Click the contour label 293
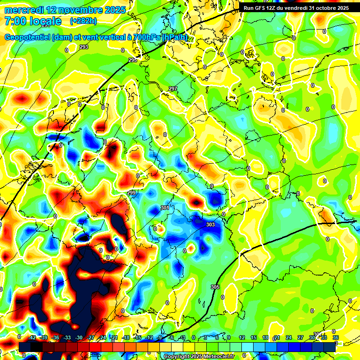click(x=83, y=47)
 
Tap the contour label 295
click(x=133, y=60)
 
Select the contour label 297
click(x=173, y=89)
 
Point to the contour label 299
click(x=131, y=193)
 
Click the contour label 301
click(x=165, y=207)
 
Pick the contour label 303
click(x=210, y=225)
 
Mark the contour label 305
click(x=215, y=287)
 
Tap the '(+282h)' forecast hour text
click(x=83, y=21)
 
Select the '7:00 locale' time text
click(x=32, y=21)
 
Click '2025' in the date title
click(x=114, y=10)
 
